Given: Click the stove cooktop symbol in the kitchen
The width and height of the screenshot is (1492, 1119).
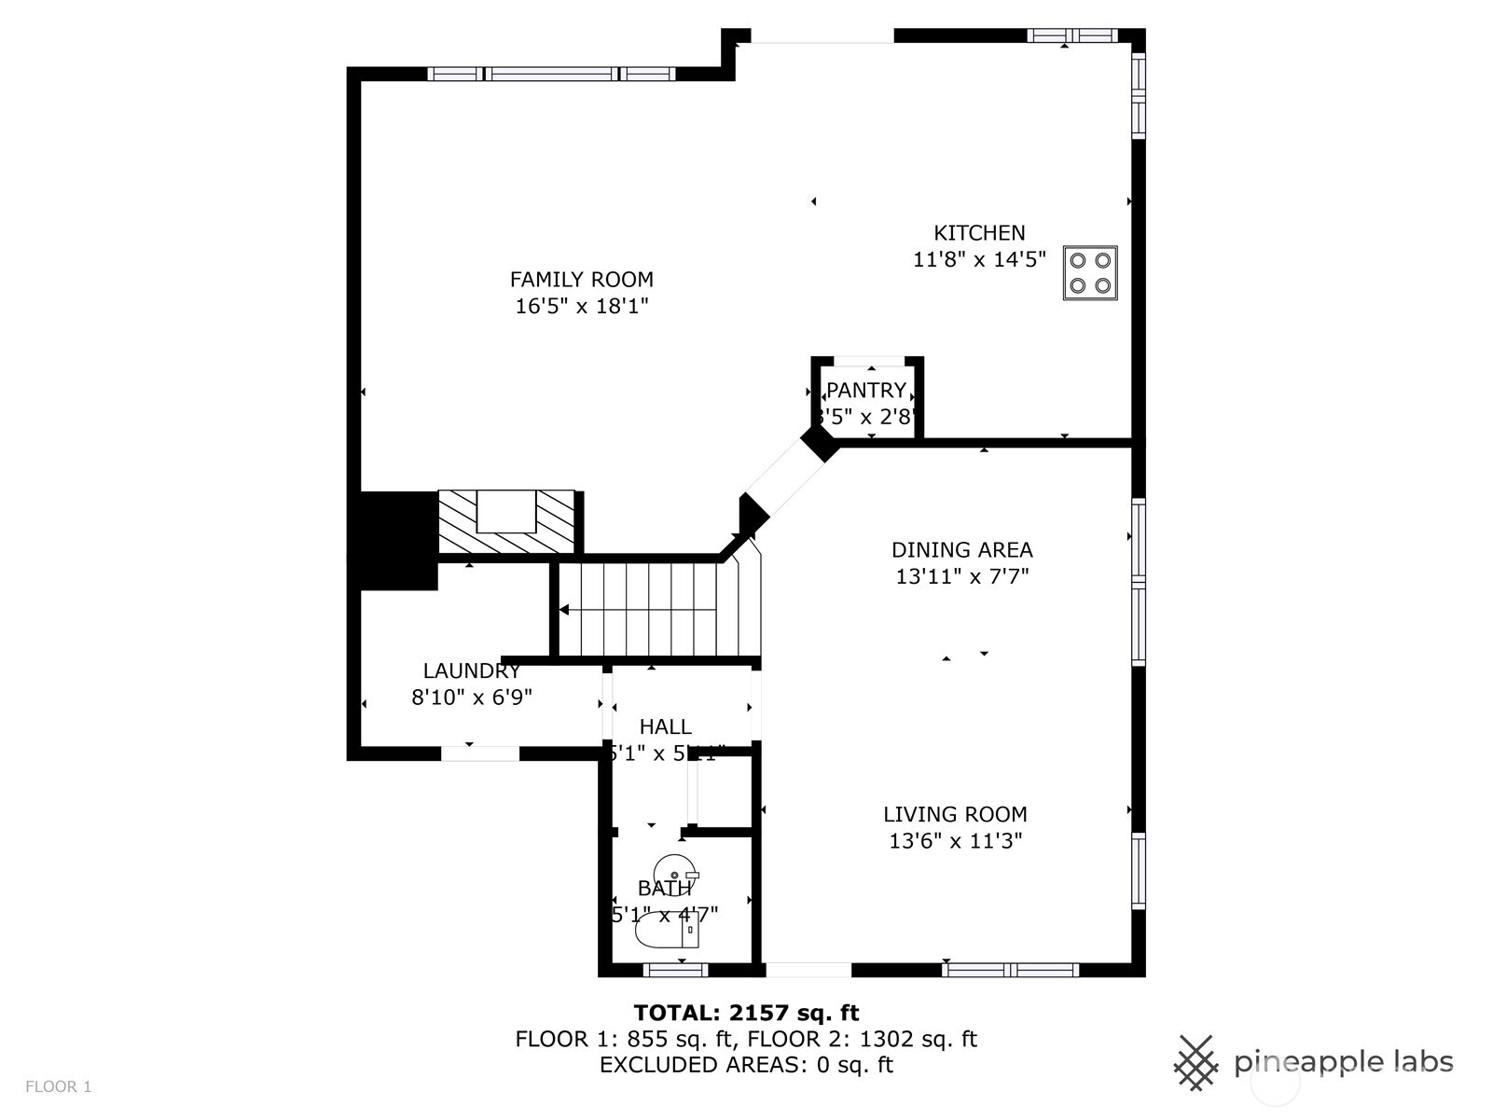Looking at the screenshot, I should (1090, 273).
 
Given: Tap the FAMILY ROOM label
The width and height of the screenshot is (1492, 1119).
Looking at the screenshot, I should (581, 280).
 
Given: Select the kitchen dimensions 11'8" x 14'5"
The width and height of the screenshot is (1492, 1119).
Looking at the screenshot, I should (979, 259).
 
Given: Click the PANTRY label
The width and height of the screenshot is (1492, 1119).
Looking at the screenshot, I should (866, 390).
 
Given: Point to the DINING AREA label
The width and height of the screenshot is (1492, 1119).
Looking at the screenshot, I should (961, 550).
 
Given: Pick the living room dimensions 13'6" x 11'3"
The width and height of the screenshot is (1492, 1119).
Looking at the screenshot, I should (955, 841).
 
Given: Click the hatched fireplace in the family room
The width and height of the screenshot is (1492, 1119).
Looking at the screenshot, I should (507, 521).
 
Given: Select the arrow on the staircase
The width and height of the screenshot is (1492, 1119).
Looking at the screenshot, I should (565, 610).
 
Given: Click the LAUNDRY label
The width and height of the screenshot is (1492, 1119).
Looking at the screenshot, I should (472, 670).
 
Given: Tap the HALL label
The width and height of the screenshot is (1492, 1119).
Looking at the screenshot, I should (665, 726).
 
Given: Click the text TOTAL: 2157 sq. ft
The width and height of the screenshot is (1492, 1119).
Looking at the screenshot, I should (746, 1013).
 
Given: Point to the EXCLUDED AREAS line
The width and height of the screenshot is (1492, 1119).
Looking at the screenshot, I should (746, 1065).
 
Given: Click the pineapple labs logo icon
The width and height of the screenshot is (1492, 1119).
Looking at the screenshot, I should (1195, 1062).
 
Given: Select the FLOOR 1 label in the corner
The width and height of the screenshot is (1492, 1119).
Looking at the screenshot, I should (58, 1086).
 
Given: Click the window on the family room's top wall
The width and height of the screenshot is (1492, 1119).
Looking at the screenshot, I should (552, 74).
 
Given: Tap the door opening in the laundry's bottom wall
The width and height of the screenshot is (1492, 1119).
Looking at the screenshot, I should (479, 753).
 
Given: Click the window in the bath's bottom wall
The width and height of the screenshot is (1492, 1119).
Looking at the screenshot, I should (675, 971).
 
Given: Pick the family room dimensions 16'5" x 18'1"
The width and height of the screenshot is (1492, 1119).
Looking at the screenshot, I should (581, 306).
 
